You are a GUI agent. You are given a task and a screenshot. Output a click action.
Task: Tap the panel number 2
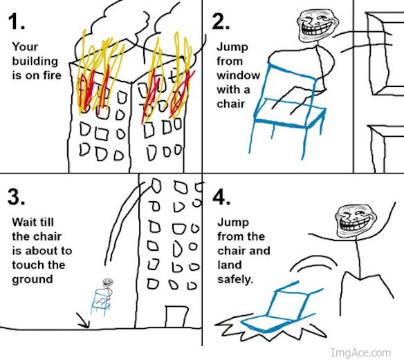(x=221, y=23)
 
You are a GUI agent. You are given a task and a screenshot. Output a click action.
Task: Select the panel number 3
(x=17, y=196)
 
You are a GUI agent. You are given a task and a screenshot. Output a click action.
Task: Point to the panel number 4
(x=221, y=198)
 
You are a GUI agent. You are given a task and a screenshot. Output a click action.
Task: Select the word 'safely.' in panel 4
(x=236, y=281)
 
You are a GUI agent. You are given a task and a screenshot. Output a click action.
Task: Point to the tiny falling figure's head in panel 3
(x=106, y=283)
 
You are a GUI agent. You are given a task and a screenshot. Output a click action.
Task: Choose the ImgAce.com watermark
(x=363, y=352)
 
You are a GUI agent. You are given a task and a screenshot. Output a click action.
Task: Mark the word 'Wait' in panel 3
(x=25, y=222)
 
